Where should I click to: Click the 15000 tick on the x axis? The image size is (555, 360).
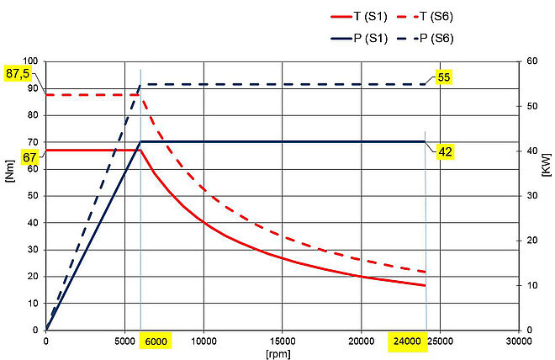[282, 342]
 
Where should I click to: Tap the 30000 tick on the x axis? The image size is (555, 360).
[518, 342]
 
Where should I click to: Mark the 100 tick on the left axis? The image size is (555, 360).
[30, 61]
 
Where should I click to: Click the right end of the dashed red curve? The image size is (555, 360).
[425, 273]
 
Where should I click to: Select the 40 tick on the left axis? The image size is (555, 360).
[33, 223]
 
